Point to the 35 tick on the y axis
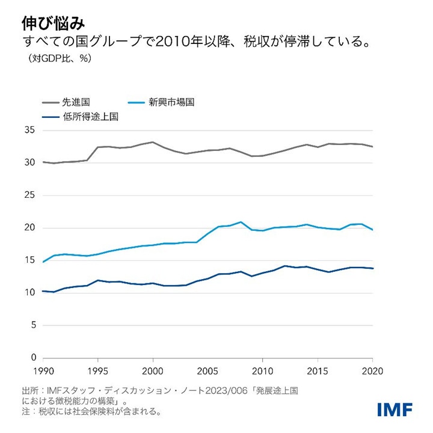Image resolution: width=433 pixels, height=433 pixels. (29, 131)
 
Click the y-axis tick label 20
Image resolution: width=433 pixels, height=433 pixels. (29, 228)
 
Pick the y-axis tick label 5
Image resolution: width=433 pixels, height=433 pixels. (32, 325)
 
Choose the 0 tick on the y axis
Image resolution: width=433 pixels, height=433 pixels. (32, 358)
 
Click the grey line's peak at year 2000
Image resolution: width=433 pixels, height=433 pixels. (153, 142)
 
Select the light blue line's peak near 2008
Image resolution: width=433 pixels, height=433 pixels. (241, 222)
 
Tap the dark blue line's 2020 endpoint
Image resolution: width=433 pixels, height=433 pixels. (372, 268)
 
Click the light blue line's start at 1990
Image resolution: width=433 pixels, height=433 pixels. (44, 262)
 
